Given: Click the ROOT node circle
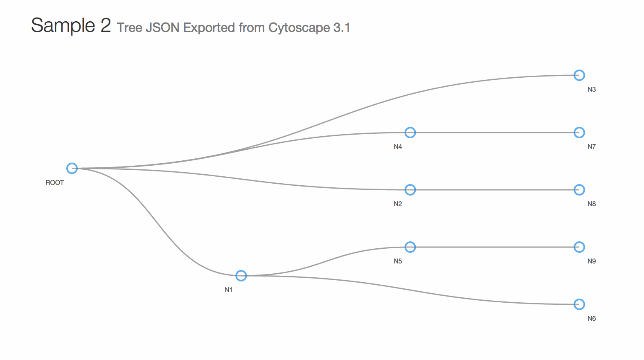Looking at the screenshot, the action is (72, 168).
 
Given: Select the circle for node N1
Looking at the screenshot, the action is (241, 276).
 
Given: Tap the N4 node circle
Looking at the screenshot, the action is (410, 133).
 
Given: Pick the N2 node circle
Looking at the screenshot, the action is (410, 190).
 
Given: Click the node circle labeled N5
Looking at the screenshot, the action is (410, 247).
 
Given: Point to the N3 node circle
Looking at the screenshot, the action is (579, 75).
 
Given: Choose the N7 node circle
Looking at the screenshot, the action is (579, 133).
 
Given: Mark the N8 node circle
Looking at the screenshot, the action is (579, 190).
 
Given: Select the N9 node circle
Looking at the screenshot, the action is (579, 247).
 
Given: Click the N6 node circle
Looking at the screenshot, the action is (579, 304).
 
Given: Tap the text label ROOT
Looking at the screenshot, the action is (54, 183).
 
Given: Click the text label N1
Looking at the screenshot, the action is (229, 290).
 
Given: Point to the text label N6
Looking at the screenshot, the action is (592, 319).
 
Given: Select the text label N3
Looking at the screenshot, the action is (592, 90).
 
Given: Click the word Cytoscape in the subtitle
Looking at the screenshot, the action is (299, 28).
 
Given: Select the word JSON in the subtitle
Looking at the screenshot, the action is (162, 28).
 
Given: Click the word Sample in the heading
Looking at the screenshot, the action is (63, 26).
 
